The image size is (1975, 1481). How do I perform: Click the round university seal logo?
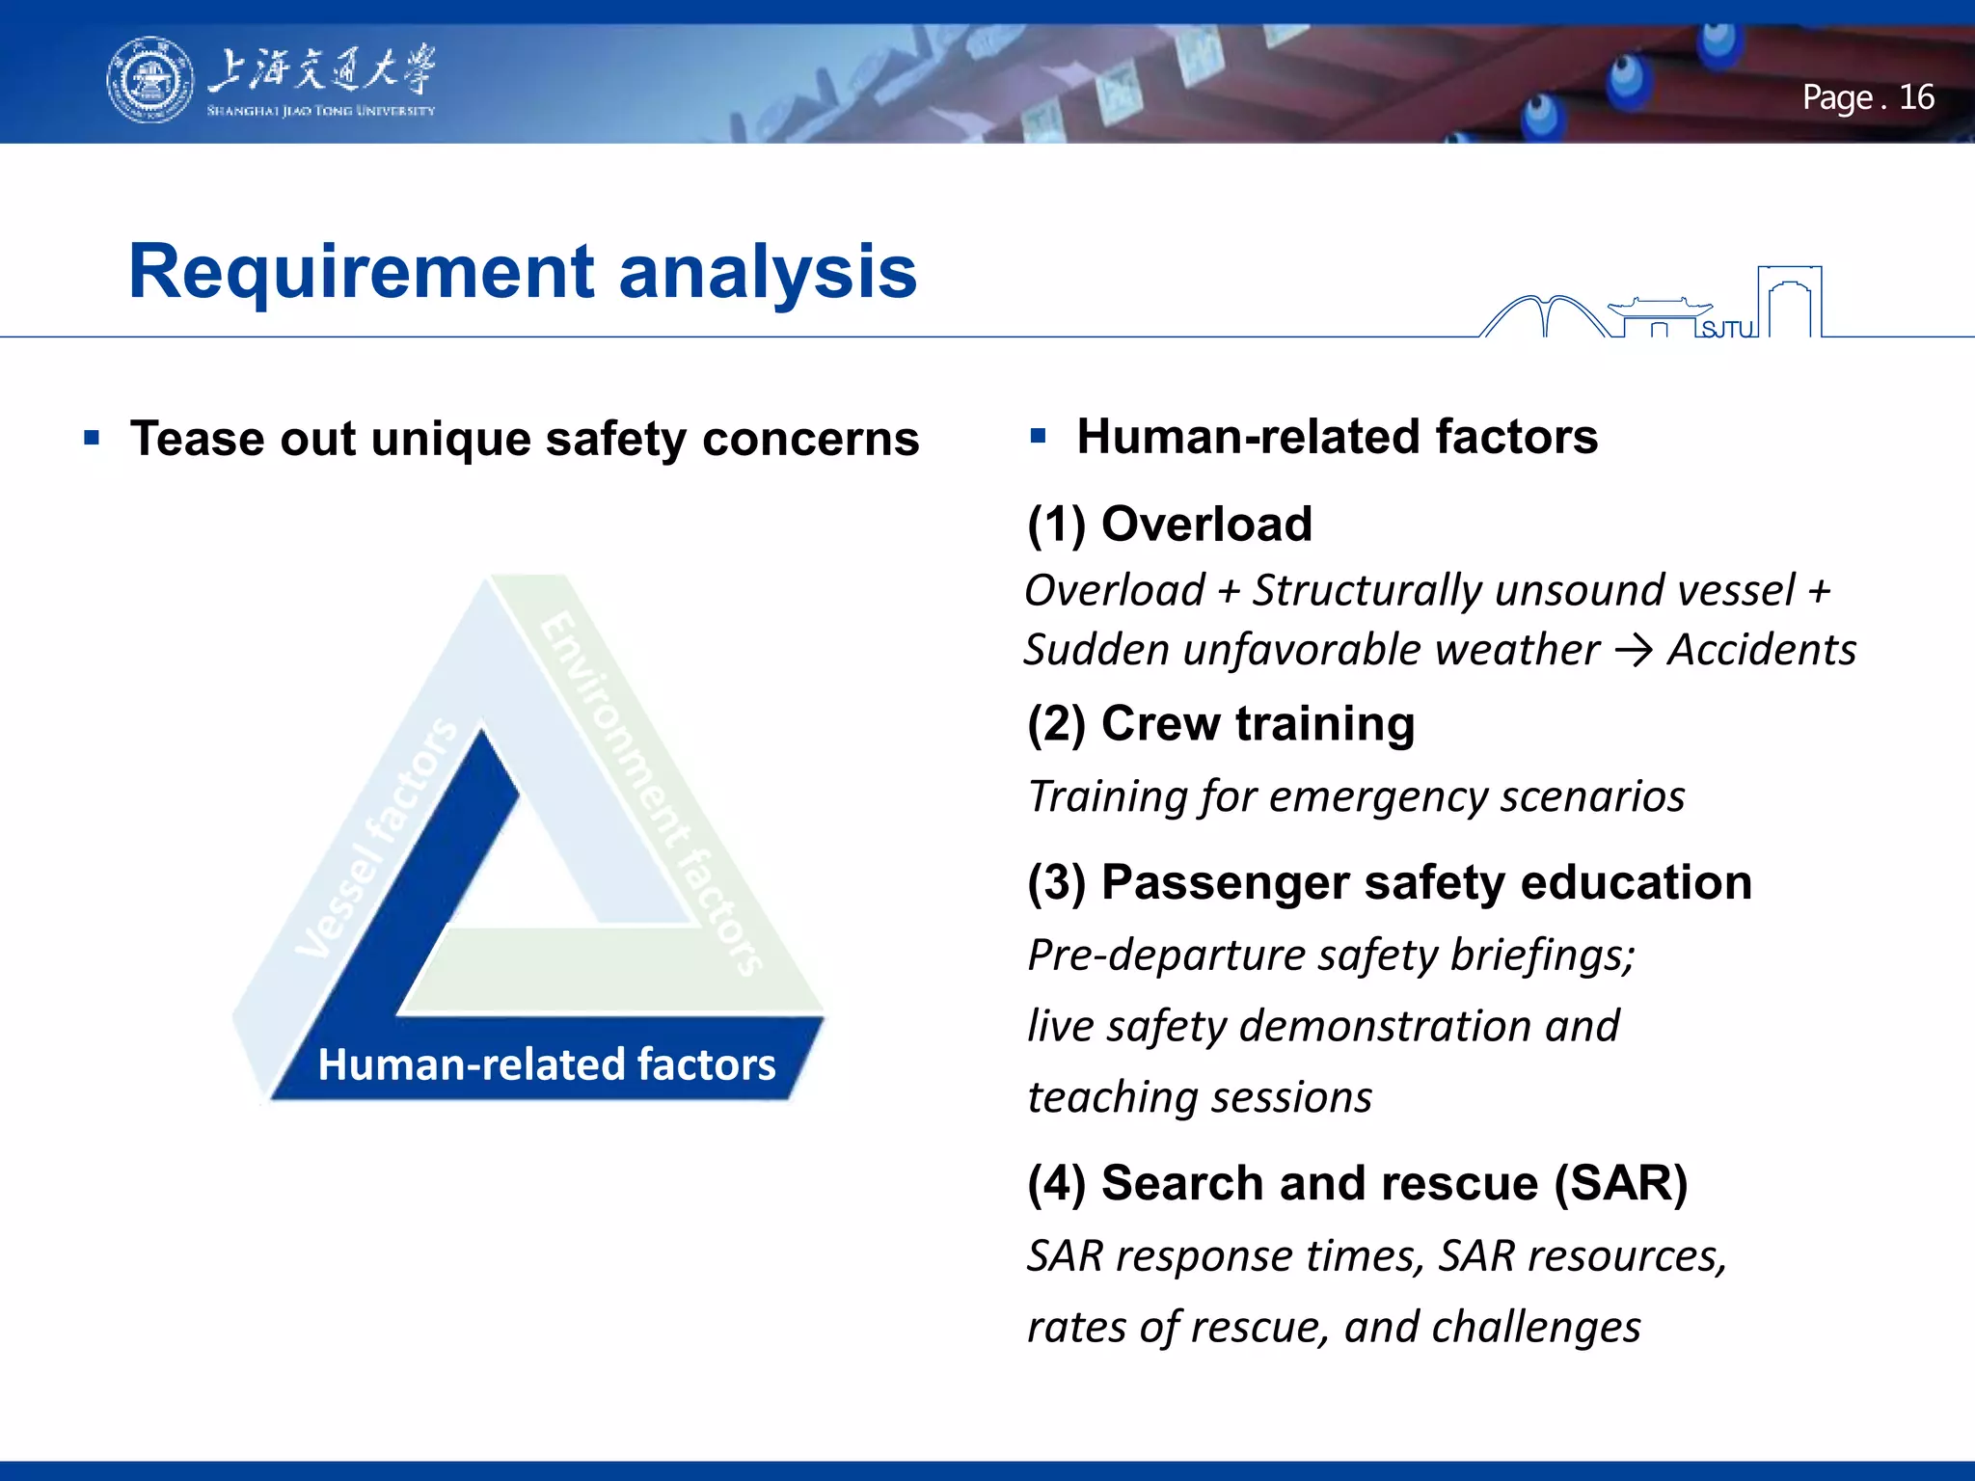149,81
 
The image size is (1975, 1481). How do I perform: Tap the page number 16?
1916,97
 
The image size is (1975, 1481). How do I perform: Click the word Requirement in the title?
362,272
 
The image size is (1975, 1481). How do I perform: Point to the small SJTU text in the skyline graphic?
1727,330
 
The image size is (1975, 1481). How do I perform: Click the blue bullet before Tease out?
93,439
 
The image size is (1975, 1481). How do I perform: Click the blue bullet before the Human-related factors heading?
1038,436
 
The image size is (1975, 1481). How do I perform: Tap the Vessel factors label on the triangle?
376,839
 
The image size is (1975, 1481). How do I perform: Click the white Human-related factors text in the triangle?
546,1064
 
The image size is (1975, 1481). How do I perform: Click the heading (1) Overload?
1169,525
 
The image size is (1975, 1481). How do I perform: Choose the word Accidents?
1761,650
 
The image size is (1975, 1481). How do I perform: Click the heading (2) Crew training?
1220,723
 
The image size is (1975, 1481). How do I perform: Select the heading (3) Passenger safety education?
1389,882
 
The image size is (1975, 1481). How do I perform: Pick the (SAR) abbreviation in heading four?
1620,1183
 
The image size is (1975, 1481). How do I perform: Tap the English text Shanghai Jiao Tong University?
320,111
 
